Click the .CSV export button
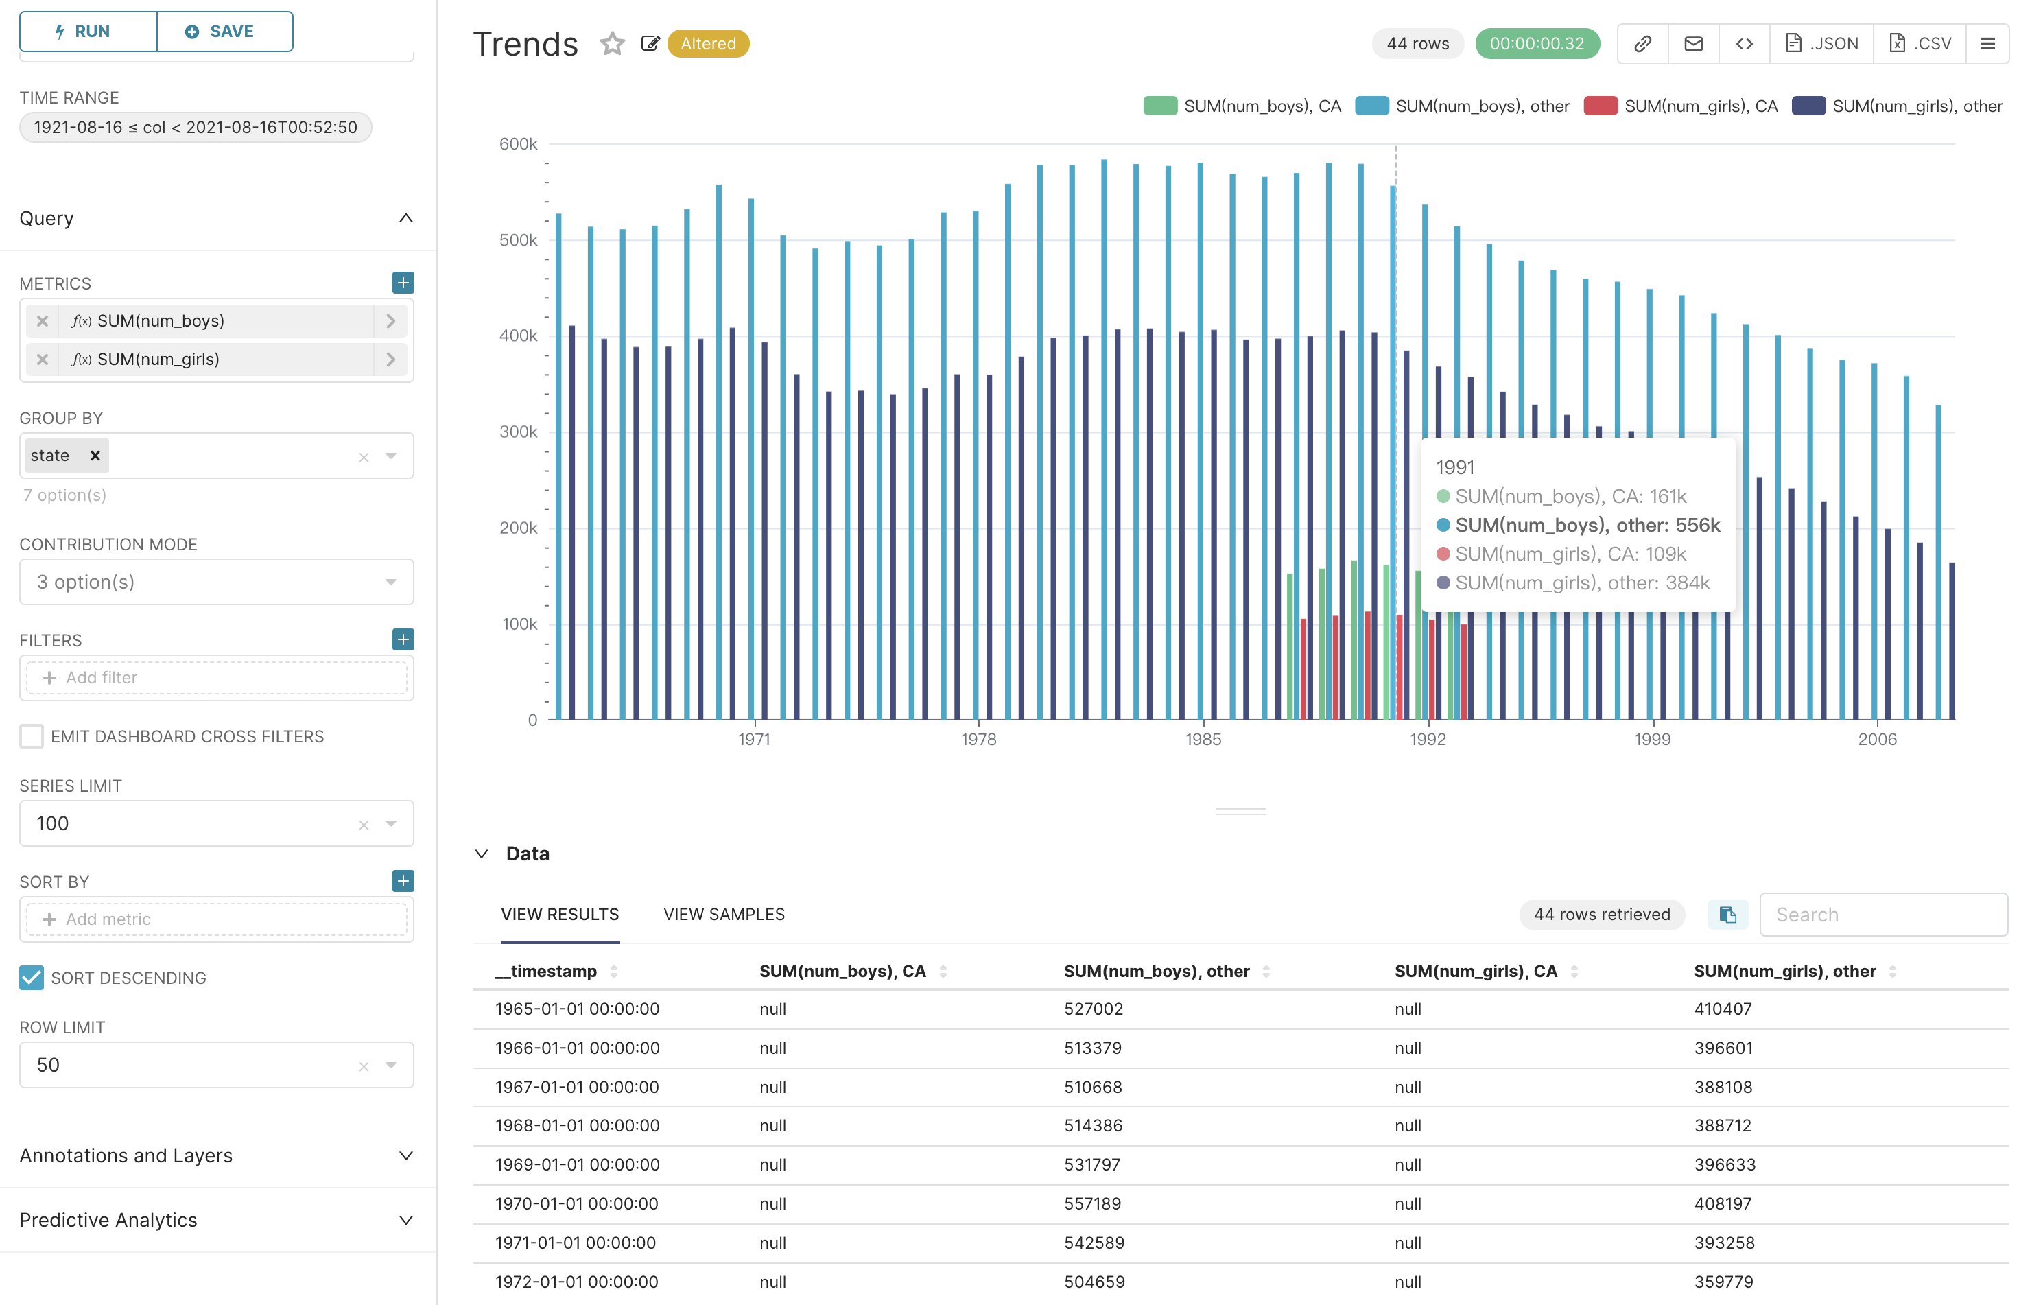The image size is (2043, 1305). click(1921, 43)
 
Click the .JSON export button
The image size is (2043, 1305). click(1821, 43)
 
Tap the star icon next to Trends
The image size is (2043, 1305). click(612, 43)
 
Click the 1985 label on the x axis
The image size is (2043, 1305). click(1203, 739)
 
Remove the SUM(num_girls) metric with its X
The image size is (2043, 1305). click(43, 360)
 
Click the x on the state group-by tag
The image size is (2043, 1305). click(95, 456)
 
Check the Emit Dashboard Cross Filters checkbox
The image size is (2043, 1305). click(32, 736)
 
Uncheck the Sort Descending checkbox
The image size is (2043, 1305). click(32, 978)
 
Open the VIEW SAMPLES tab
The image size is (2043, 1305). click(724, 914)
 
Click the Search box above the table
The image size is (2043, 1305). click(1882, 914)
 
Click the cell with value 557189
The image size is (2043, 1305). click(1092, 1203)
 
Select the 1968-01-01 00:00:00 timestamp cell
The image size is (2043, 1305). click(577, 1125)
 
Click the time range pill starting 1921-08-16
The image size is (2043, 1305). click(195, 128)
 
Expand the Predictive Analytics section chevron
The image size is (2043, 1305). click(405, 1220)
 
